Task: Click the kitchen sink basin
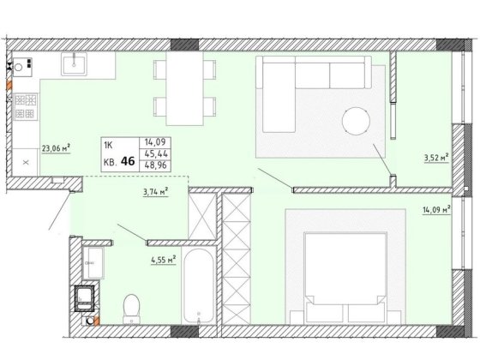pos(74,63)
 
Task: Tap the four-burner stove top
pos(25,106)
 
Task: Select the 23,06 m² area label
pos(56,149)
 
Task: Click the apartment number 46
pos(128,161)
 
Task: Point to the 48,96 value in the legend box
pos(155,165)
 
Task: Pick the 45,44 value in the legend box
pos(155,153)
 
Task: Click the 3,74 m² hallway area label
pos(155,192)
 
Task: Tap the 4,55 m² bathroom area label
pos(163,261)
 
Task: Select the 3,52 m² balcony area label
pos(436,159)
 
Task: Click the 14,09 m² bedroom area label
pos(436,210)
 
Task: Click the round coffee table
pos(356,121)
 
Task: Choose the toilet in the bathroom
pos(132,309)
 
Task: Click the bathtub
pos(198,286)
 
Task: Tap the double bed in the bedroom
pos(345,278)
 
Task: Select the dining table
pos(185,88)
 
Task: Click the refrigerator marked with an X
pos(26,162)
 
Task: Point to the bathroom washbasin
pos(93,263)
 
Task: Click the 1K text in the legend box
pos(108,145)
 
